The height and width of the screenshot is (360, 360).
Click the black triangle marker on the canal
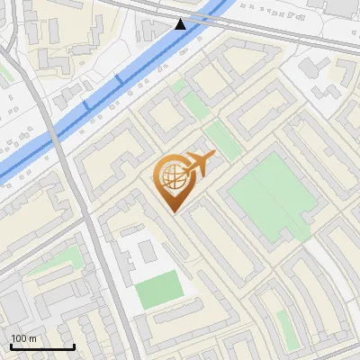tap(181, 23)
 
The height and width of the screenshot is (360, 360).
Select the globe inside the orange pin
tap(170, 175)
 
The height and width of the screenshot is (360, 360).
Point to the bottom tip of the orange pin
tap(171, 212)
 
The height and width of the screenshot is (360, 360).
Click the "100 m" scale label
tap(24, 338)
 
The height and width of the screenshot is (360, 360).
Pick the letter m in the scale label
tap(32, 338)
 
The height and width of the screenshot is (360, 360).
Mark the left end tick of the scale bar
tap(11, 346)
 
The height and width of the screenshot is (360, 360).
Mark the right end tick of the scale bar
tap(74, 346)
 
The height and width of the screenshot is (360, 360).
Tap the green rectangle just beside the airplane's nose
tap(220, 141)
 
